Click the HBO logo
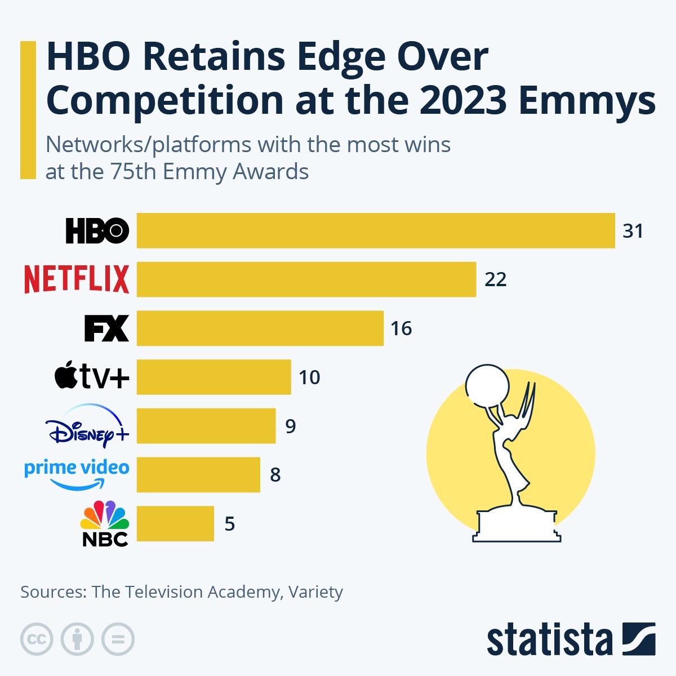(97, 230)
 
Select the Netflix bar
(306, 279)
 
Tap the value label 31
(633, 231)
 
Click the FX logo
(106, 328)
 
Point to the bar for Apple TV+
(214, 377)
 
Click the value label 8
(275, 475)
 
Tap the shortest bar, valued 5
(175, 523)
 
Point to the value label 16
(401, 328)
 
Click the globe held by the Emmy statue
(487, 385)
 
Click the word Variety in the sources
(315, 592)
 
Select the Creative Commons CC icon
(37, 639)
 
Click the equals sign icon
(118, 639)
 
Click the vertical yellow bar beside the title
(28, 110)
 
